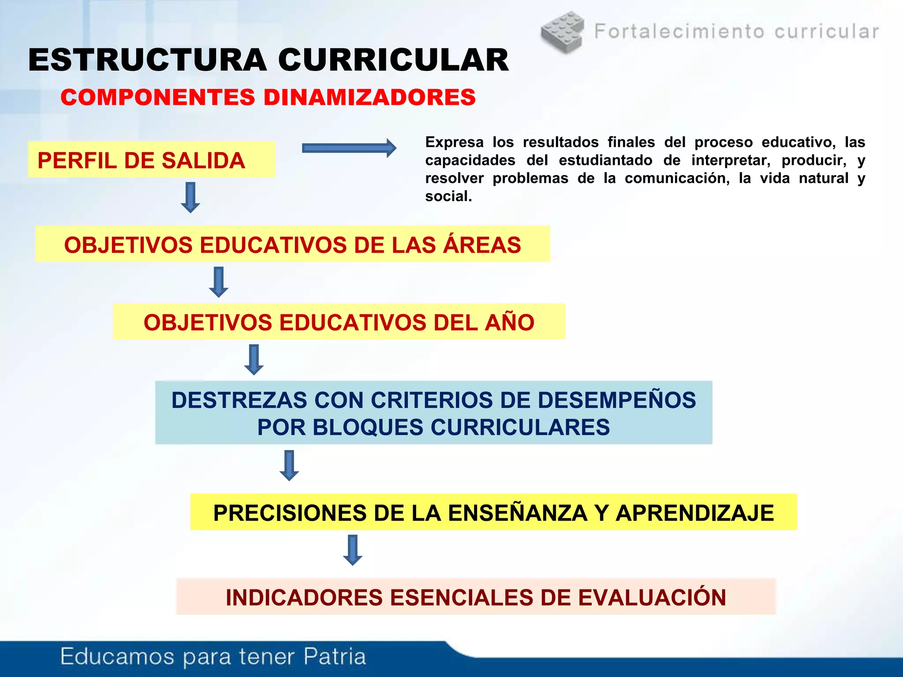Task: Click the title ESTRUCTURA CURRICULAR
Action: coord(268,60)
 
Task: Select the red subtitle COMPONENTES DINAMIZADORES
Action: coord(268,97)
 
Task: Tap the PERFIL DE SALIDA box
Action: coord(151,160)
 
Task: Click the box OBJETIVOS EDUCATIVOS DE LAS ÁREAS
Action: coord(292,245)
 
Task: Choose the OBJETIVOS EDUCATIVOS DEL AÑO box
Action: coord(339,322)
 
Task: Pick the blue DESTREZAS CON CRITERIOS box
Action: coord(433,413)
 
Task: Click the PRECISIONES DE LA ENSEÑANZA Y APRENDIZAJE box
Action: coord(493,513)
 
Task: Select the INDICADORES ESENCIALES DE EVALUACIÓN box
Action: coord(476,597)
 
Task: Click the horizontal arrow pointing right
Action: coord(349,149)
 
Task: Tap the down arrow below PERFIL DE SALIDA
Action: coord(190,197)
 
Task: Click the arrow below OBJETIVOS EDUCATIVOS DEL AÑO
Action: coord(254,360)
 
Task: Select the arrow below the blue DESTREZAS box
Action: coord(289,465)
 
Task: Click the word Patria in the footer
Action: coord(335,656)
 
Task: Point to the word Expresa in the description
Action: coord(454,142)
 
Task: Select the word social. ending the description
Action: coord(448,197)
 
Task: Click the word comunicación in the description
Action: coord(677,179)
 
